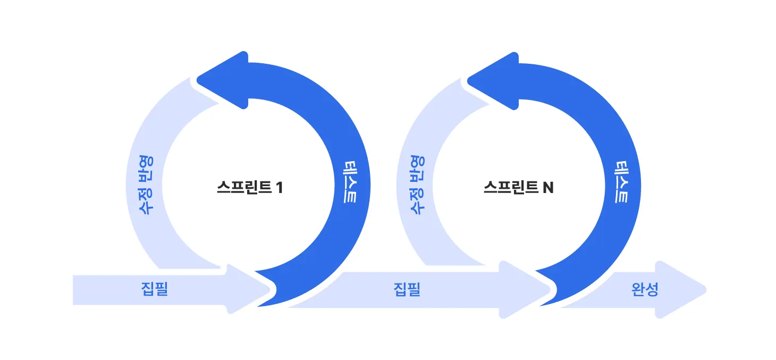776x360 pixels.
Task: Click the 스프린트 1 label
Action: [x=249, y=188]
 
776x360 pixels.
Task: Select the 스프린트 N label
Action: [x=518, y=188]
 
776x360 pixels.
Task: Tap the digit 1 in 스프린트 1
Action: [x=280, y=188]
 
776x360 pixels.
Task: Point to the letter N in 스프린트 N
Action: [x=548, y=188]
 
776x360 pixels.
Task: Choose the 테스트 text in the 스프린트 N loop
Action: [x=620, y=181]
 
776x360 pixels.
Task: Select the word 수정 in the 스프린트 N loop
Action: [x=418, y=202]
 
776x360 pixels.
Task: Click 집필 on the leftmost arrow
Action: [x=155, y=289]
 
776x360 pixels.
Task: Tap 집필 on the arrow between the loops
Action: [x=407, y=289]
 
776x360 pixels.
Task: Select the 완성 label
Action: [x=645, y=289]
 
